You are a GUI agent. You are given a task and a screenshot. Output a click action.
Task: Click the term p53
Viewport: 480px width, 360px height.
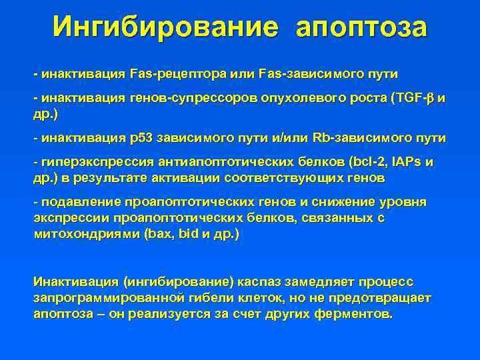tap(145, 138)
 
